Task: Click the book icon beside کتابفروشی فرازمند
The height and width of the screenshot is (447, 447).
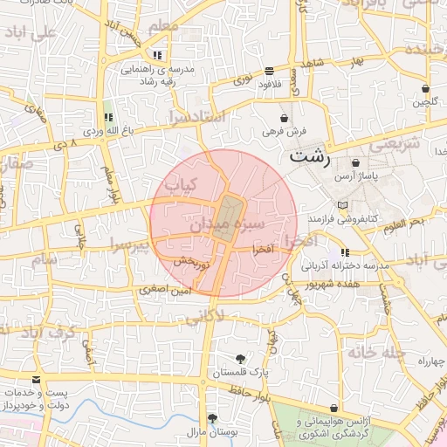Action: [342, 205]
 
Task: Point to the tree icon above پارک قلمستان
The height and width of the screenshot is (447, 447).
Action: [240, 359]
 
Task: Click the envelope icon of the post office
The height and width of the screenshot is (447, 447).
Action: [36, 381]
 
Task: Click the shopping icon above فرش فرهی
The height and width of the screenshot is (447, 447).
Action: [284, 118]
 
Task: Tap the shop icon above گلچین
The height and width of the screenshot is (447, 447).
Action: [425, 88]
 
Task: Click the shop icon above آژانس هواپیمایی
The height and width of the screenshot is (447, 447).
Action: [334, 409]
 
